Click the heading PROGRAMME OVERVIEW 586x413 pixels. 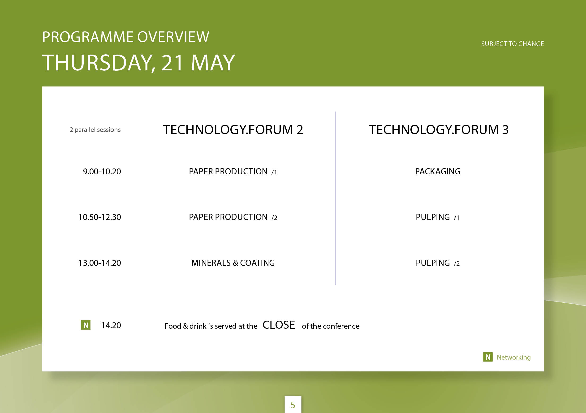[x=125, y=37]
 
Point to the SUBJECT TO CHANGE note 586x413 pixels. [x=513, y=44]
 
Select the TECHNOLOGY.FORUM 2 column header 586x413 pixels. [x=233, y=129]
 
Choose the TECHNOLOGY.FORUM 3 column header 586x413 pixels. [x=439, y=129]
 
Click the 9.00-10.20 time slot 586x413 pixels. [x=102, y=171]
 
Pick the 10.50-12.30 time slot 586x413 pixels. [x=99, y=217]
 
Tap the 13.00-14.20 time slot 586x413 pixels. [x=99, y=263]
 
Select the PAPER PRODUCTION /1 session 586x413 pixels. [x=233, y=171]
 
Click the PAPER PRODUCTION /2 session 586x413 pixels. [x=233, y=217]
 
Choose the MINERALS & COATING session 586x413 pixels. [x=233, y=263]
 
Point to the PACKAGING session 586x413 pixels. [x=438, y=171]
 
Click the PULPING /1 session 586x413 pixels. [x=437, y=217]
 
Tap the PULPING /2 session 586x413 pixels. [x=438, y=263]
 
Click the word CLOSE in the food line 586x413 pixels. [x=279, y=325]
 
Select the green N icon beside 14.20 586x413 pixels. [x=86, y=325]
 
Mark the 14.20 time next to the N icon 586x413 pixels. [x=111, y=325]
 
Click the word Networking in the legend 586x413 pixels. [x=513, y=357]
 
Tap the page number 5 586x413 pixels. [x=293, y=405]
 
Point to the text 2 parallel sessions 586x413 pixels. [x=95, y=130]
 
